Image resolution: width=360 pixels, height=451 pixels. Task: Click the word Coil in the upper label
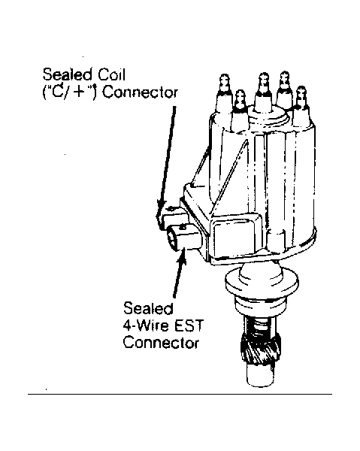pyautogui.click(x=111, y=74)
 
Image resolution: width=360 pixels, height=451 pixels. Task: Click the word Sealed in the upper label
pyautogui.click(x=68, y=74)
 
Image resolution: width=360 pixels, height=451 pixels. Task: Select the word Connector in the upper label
pyautogui.click(x=140, y=92)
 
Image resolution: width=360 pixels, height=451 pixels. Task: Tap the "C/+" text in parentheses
pyautogui.click(x=69, y=92)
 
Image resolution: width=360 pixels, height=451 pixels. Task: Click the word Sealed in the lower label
pyautogui.click(x=148, y=308)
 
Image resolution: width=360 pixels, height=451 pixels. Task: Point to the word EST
pyautogui.click(x=189, y=325)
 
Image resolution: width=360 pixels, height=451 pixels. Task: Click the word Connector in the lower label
pyautogui.click(x=161, y=344)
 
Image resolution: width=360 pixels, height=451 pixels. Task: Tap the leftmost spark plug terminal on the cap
pyautogui.click(x=224, y=83)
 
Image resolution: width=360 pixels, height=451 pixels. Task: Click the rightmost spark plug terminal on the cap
pyautogui.click(x=301, y=96)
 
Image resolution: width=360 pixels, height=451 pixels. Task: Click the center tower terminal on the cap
pyautogui.click(x=263, y=83)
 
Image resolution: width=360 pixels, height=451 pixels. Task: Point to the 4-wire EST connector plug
pyautogui.click(x=184, y=238)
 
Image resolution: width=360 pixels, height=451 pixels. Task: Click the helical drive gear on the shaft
pyautogui.click(x=259, y=350)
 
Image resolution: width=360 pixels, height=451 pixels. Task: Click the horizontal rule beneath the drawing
pyautogui.click(x=180, y=394)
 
